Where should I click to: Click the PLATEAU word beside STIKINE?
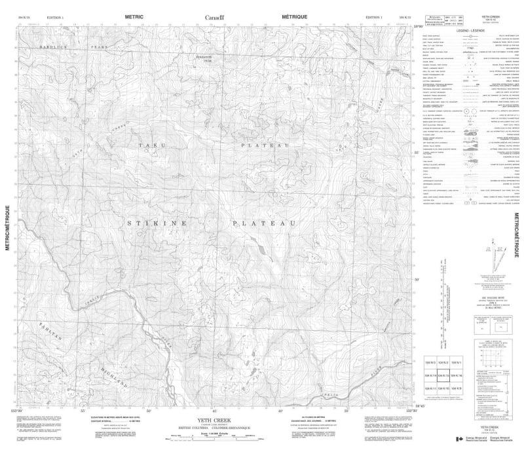(266, 224)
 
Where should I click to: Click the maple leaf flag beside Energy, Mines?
(460, 438)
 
